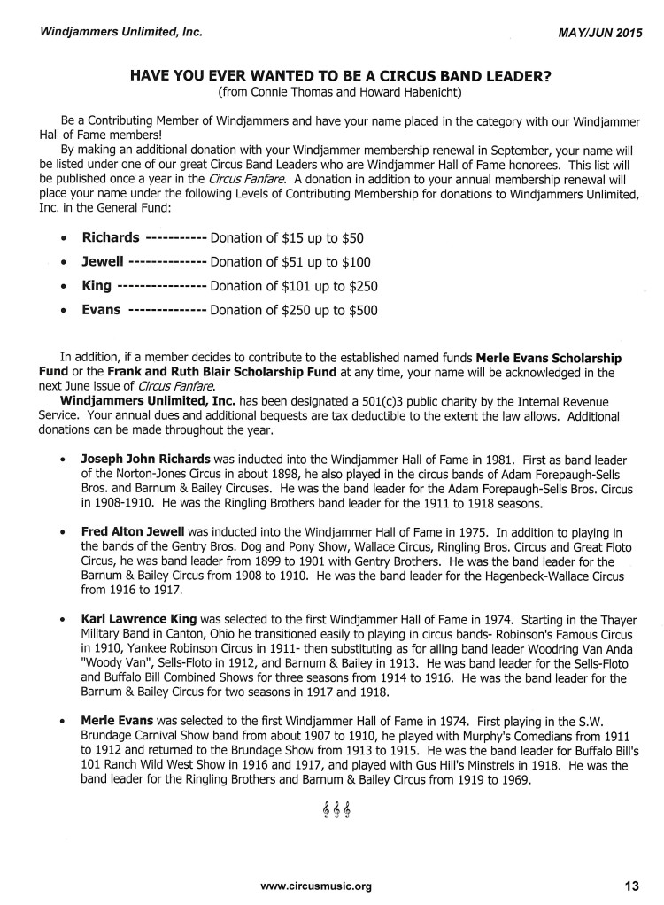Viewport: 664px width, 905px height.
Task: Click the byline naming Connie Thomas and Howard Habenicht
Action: tap(341, 92)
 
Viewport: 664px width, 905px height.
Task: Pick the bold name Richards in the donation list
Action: tap(111, 238)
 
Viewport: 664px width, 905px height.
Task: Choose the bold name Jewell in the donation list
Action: tap(104, 262)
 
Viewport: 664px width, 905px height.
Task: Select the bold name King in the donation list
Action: tap(97, 286)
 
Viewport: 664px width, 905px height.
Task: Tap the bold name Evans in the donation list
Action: tap(102, 310)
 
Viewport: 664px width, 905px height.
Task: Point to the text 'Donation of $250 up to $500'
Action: tap(294, 311)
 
